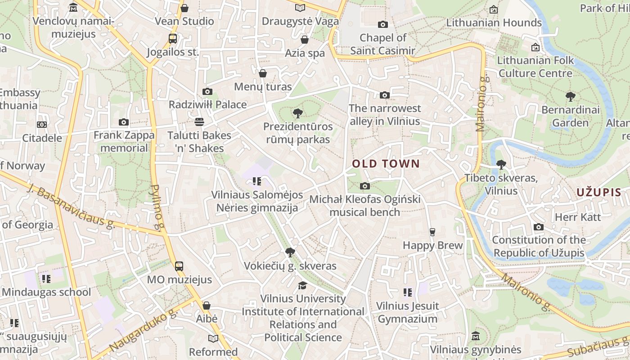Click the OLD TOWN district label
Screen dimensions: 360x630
point(386,164)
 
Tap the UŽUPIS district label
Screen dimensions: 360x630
point(599,193)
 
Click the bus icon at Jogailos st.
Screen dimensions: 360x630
point(173,39)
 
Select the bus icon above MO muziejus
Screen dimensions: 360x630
point(179,266)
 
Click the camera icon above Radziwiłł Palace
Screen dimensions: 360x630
point(207,92)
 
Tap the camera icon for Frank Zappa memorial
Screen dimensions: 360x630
point(124,122)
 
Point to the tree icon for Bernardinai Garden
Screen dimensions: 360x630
point(570,96)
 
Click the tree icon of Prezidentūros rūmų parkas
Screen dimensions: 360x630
point(297,113)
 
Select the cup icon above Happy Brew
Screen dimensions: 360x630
point(432,232)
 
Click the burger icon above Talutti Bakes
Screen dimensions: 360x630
point(199,122)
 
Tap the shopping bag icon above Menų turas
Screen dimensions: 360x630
point(263,73)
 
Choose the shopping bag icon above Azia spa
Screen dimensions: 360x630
point(305,40)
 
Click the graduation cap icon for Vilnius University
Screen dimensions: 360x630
point(303,285)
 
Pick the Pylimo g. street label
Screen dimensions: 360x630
point(157,203)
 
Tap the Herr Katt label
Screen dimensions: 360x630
point(578,217)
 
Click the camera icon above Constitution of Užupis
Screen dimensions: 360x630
point(538,227)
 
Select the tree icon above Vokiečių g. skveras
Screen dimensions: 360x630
point(290,252)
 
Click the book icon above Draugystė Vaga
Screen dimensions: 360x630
point(300,8)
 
